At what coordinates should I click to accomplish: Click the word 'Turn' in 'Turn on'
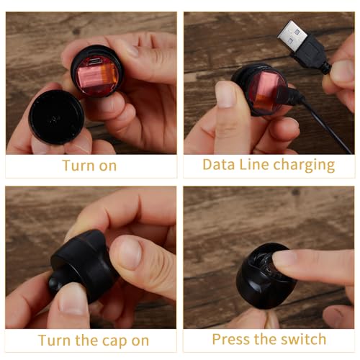[x=78, y=166]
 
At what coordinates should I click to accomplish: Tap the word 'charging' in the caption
[x=304, y=166]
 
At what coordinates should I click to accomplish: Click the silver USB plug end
[x=292, y=35]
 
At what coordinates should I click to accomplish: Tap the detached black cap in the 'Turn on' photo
[x=56, y=117]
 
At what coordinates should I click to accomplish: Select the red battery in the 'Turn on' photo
[x=97, y=77]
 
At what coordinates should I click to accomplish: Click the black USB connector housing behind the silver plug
[x=311, y=53]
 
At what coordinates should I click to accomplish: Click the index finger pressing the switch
[x=312, y=266]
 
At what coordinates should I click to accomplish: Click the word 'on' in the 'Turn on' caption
[x=108, y=167]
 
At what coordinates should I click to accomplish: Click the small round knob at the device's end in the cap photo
[x=55, y=282]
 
